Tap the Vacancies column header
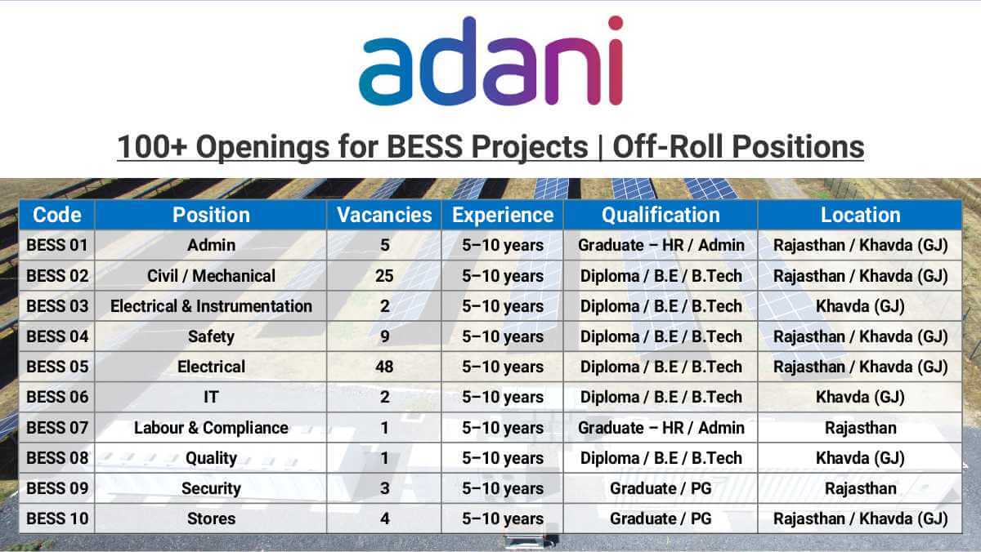(384, 215)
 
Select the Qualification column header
(661, 215)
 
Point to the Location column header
(860, 215)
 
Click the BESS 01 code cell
(57, 245)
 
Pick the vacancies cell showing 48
(384, 367)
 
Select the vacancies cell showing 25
(384, 276)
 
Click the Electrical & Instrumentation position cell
(211, 306)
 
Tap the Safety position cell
(211, 336)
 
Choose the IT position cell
(211, 397)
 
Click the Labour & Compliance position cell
(211, 428)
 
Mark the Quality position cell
(211, 458)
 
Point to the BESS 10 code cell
(57, 519)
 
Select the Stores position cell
(211, 519)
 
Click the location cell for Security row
(860, 488)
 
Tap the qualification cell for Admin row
(661, 245)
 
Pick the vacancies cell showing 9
(384, 336)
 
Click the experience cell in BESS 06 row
(502, 397)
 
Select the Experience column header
(502, 215)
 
